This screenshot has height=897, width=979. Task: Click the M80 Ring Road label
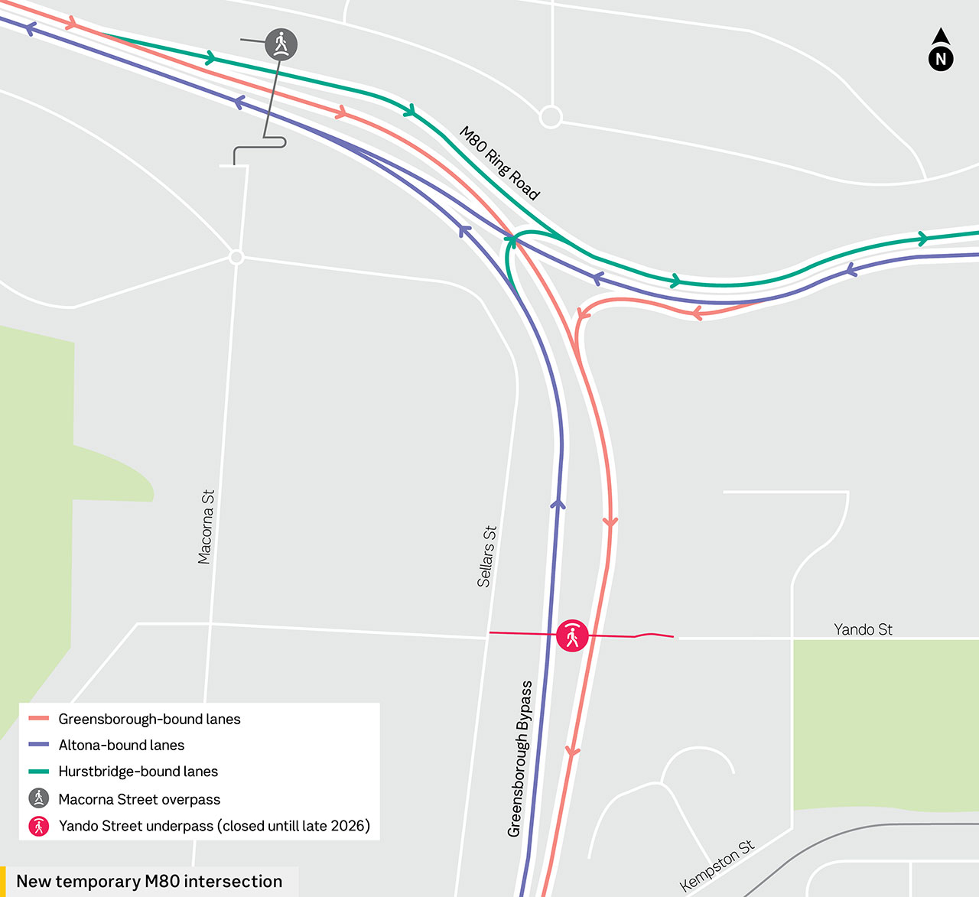[x=499, y=163]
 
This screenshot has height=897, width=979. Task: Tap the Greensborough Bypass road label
[x=520, y=759]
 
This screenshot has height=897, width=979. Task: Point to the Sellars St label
[x=487, y=556]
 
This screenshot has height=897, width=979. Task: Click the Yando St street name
[x=863, y=629]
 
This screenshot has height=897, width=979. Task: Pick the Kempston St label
[x=717, y=865]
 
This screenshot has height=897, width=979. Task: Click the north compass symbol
[x=941, y=51]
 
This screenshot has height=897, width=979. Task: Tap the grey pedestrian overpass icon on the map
[x=281, y=44]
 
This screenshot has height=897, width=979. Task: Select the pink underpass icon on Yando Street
[x=572, y=635]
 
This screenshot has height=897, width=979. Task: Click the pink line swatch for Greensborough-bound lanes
[x=38, y=719]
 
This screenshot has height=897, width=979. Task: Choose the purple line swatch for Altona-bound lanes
[x=38, y=745]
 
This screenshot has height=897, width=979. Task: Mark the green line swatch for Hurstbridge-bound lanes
[x=38, y=772]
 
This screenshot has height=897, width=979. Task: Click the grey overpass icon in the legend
[x=39, y=798]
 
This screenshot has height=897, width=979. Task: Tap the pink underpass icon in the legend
[x=39, y=826]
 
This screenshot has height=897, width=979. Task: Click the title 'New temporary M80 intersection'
[x=149, y=881]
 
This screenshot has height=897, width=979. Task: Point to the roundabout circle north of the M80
[x=551, y=117]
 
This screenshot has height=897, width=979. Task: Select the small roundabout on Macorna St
[x=236, y=257]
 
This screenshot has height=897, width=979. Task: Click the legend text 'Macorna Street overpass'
[x=139, y=799]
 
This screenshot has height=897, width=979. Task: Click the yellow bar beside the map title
[x=3, y=881]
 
